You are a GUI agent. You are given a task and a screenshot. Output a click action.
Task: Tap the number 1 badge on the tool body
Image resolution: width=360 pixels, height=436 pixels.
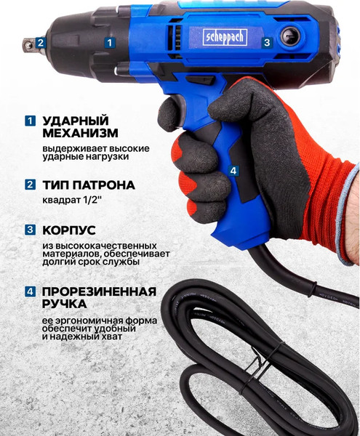[x=109, y=42]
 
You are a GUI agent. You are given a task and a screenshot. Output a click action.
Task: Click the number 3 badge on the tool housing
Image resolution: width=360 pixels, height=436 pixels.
[x=266, y=42]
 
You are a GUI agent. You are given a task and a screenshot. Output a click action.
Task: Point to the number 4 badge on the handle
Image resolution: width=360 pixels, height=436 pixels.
[x=233, y=171]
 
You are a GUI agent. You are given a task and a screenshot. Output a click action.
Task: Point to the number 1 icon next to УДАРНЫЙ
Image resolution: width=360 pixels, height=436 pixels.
[x=30, y=120]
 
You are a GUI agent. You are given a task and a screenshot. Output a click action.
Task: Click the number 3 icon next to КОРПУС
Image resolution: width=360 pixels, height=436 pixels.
[x=30, y=230]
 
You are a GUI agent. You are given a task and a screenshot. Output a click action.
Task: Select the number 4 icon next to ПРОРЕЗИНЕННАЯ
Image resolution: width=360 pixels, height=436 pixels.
[x=30, y=292]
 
